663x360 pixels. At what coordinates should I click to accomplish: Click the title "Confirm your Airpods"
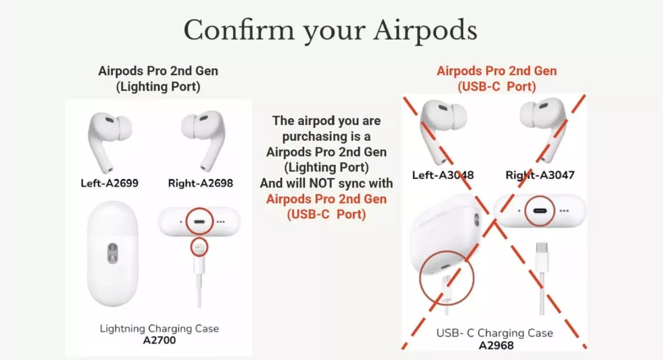pyautogui.click(x=330, y=30)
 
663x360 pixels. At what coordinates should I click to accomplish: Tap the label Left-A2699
pyautogui.click(x=109, y=183)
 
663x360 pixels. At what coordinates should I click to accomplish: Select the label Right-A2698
pyautogui.click(x=200, y=183)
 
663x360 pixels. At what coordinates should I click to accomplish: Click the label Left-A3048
pyautogui.click(x=443, y=175)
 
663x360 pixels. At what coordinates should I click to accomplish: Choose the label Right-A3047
pyautogui.click(x=540, y=175)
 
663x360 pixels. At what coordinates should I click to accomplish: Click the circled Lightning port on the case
pyautogui.click(x=199, y=221)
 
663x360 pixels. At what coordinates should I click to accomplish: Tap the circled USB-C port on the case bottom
pyautogui.click(x=540, y=211)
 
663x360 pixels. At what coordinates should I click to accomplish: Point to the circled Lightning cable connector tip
pyautogui.click(x=199, y=248)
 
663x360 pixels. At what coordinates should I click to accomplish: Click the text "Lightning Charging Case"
pyautogui.click(x=159, y=329)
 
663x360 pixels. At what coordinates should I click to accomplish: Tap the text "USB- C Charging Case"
pyautogui.click(x=494, y=333)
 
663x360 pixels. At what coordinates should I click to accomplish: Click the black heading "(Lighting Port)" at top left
pyautogui.click(x=158, y=86)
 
